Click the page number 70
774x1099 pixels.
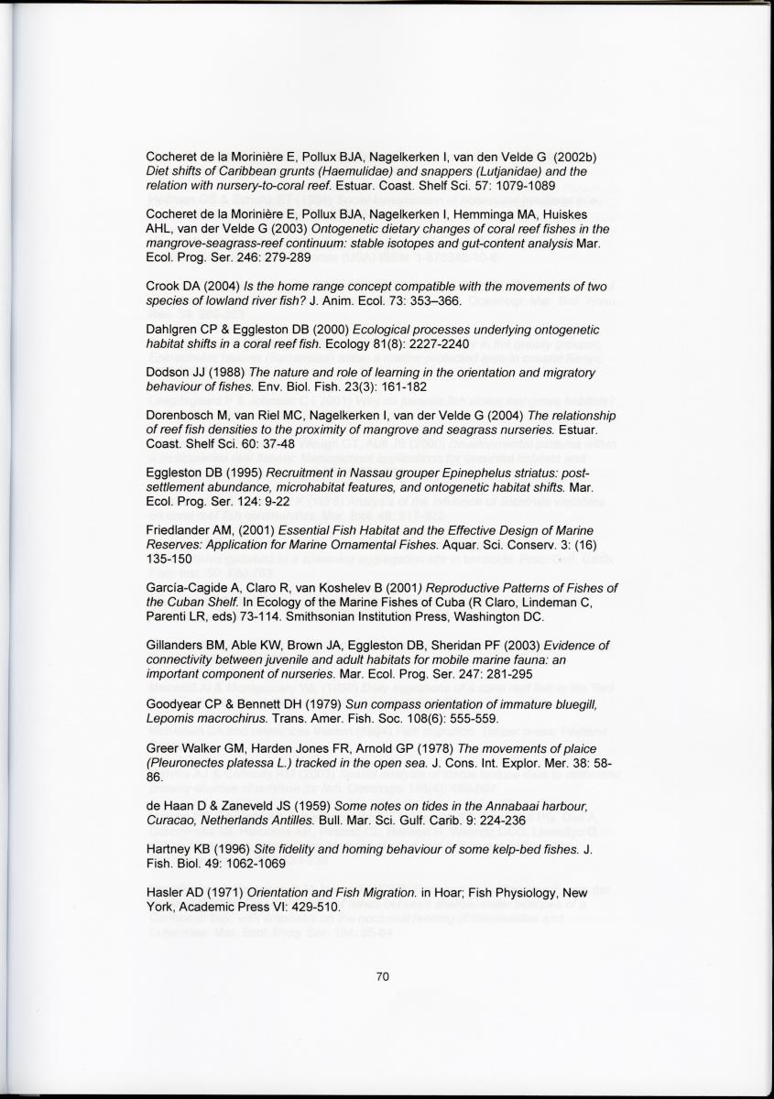[384, 976]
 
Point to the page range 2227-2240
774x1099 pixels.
[435, 343]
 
